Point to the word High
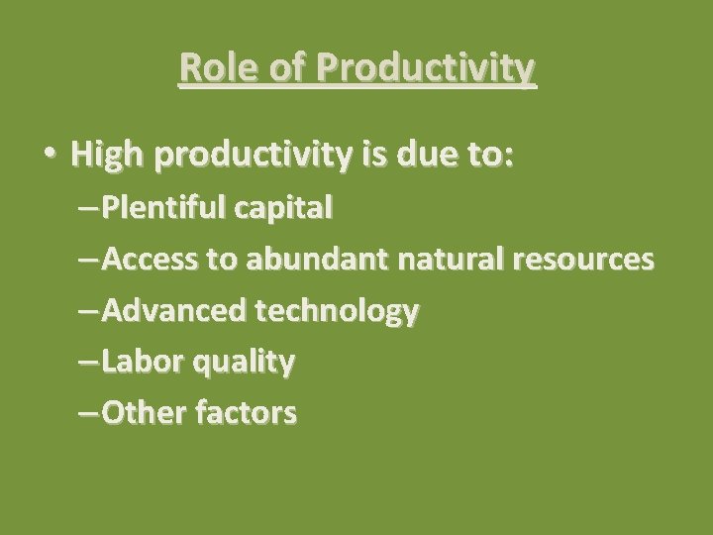(106, 155)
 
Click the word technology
(338, 313)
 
